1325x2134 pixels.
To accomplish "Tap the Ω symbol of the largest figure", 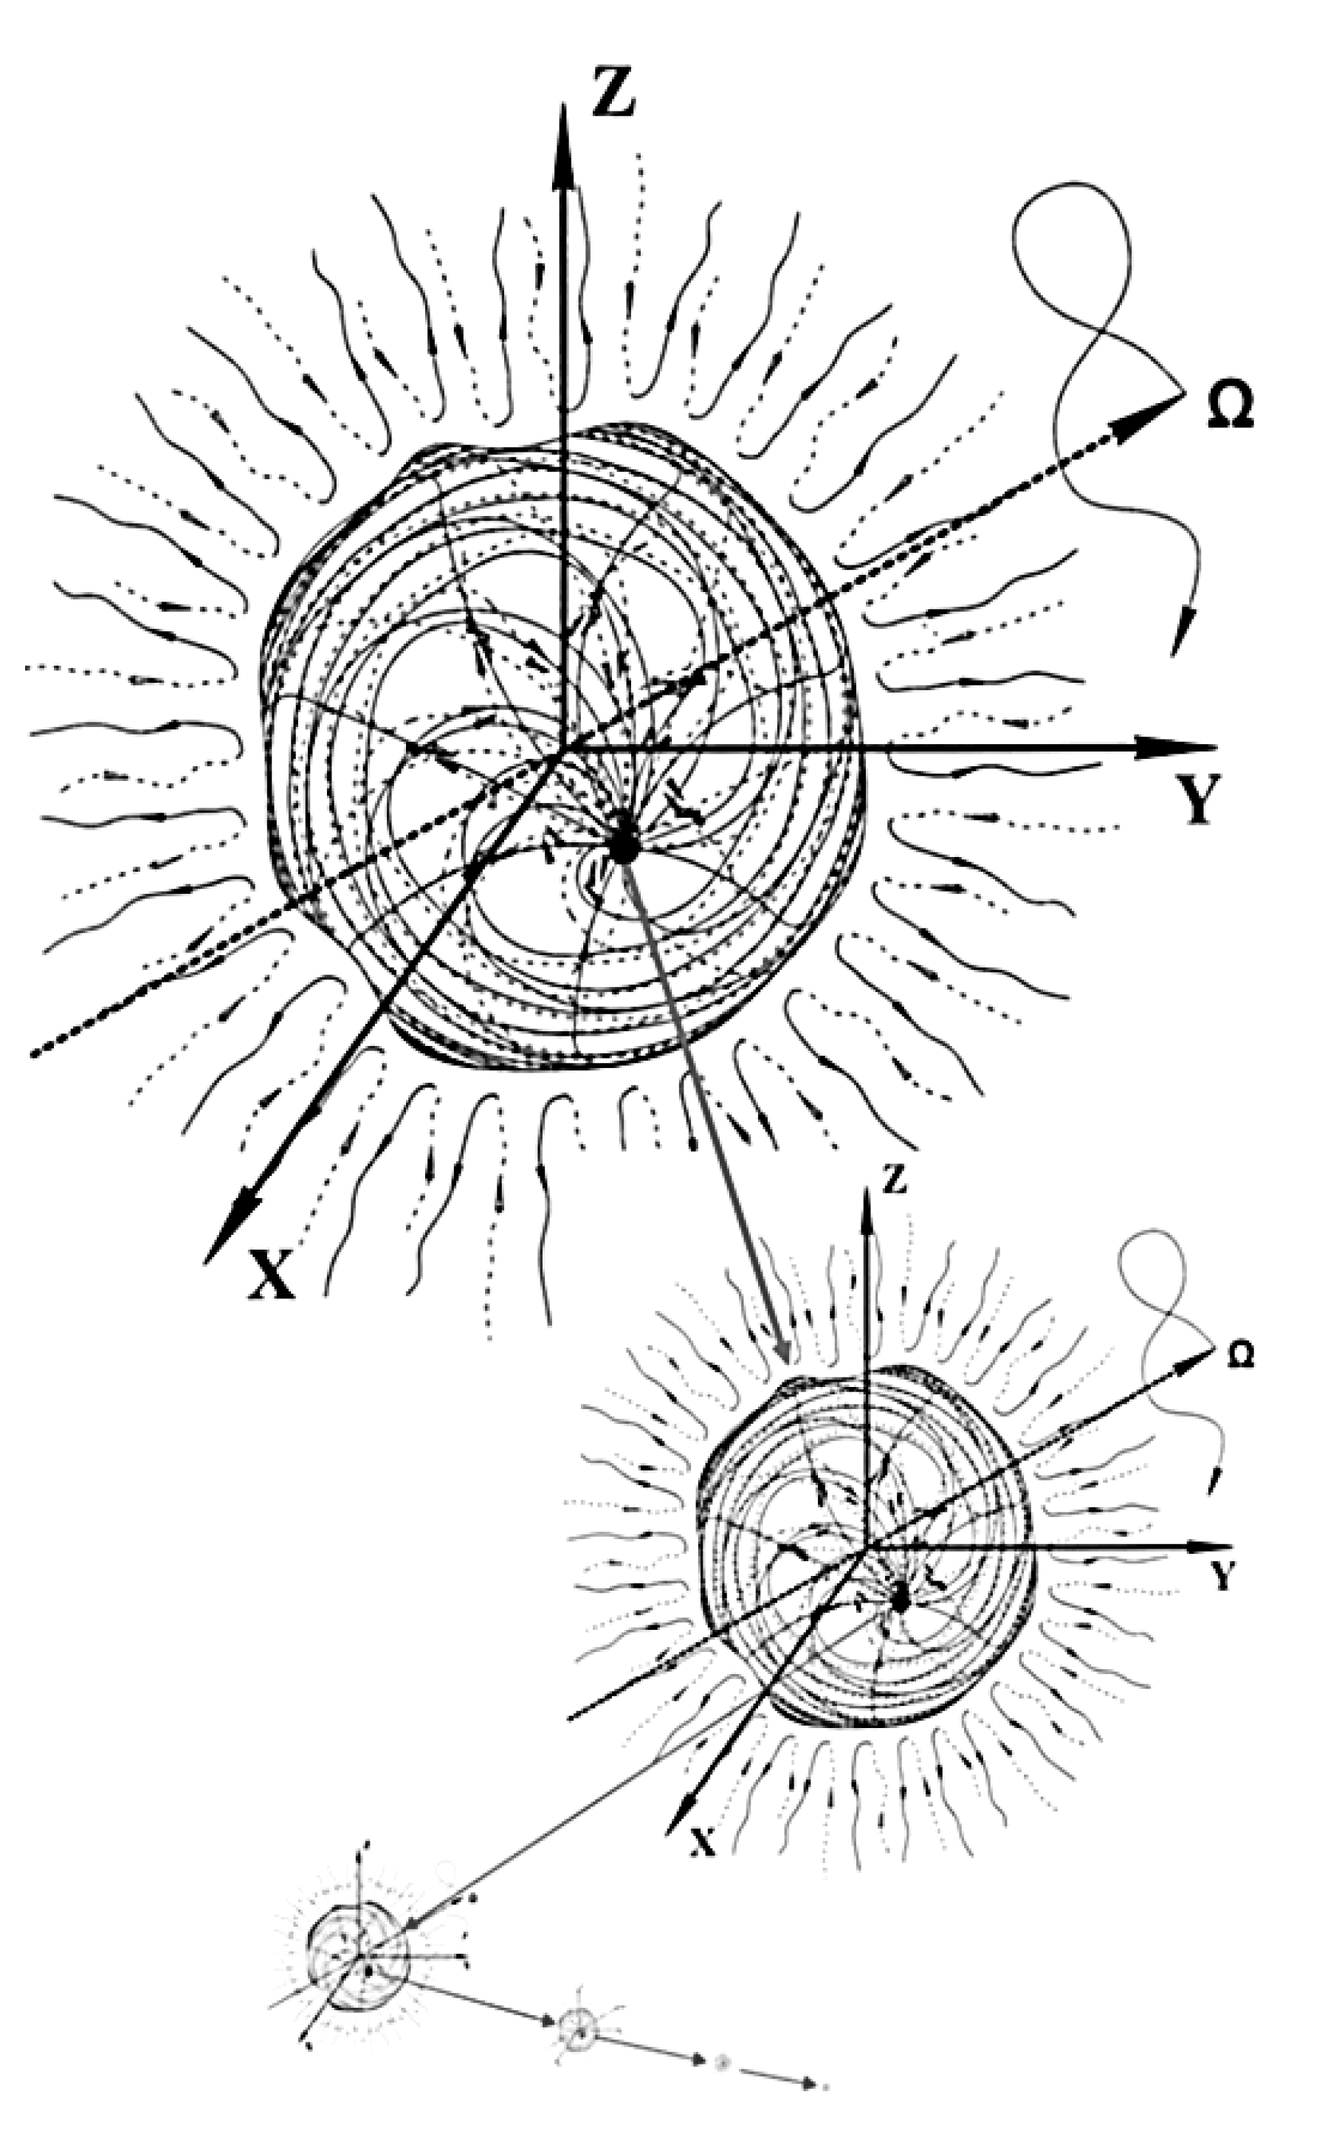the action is coord(1230,408).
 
